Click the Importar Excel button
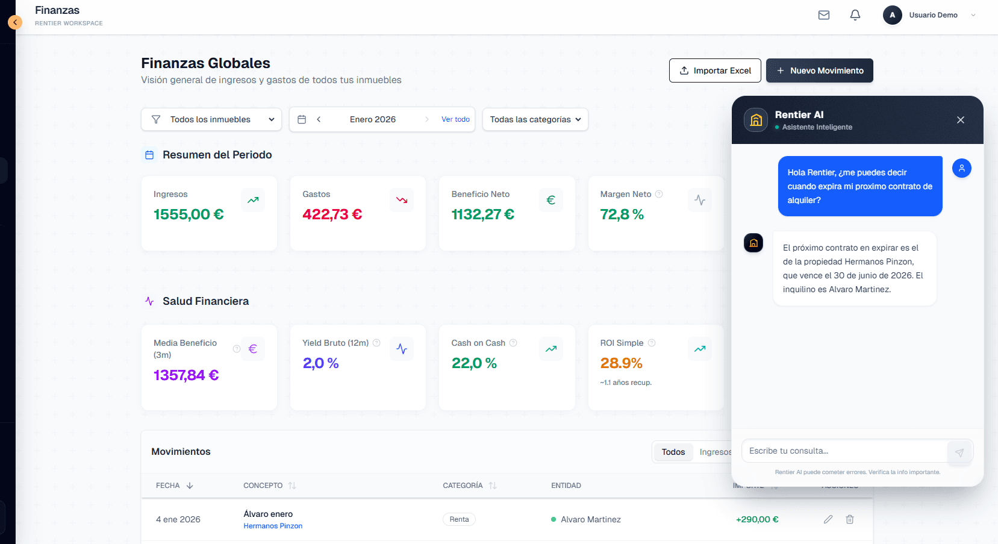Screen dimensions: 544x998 point(715,70)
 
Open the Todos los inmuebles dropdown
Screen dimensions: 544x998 point(211,119)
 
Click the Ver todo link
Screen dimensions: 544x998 point(455,119)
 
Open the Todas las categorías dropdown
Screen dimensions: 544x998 point(535,119)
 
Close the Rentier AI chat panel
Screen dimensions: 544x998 point(961,120)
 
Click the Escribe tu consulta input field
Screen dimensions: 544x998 point(843,451)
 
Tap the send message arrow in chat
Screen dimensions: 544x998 point(959,452)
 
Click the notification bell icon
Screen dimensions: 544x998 point(855,15)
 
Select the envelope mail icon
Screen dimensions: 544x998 point(824,15)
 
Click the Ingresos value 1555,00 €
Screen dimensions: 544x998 point(189,214)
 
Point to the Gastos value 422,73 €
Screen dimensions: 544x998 point(332,214)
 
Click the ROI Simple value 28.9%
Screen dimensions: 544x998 point(621,363)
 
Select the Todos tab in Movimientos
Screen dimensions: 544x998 point(673,452)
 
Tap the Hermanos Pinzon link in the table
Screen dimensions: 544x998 point(273,526)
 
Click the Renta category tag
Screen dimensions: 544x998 point(459,519)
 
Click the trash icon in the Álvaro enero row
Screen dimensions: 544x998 point(850,519)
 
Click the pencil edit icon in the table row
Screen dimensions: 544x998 point(828,519)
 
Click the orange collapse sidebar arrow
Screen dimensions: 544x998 point(15,22)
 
